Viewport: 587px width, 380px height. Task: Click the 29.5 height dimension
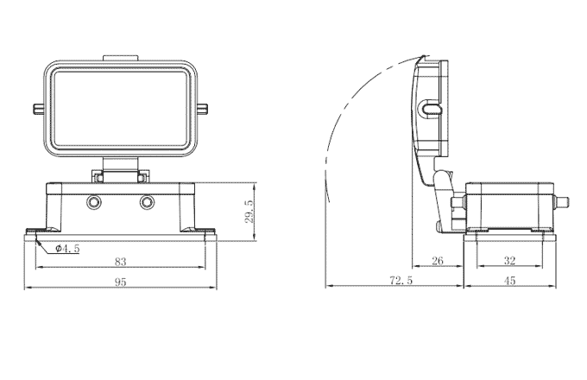pos(249,212)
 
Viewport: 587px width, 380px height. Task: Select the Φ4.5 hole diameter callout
pos(67,249)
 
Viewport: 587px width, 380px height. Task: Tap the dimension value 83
pos(120,260)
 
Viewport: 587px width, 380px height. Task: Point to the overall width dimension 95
pos(120,282)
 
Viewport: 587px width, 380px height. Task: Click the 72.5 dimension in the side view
pos(400,282)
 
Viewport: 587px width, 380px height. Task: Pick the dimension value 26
pos(438,260)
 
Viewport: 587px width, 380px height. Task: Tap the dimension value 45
pos(511,282)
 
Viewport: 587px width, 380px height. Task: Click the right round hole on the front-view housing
pos(148,203)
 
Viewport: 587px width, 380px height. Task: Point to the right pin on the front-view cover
pos(204,109)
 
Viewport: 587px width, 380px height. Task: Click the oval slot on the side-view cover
pos(431,109)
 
